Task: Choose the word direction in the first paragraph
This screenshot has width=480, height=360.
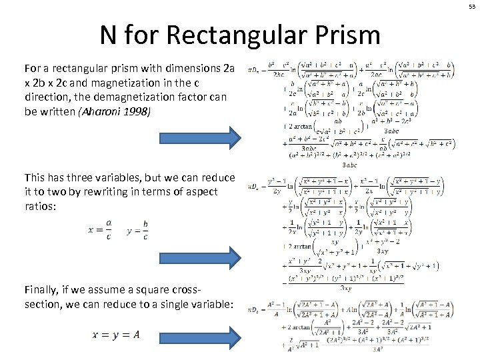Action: pos(48,96)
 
